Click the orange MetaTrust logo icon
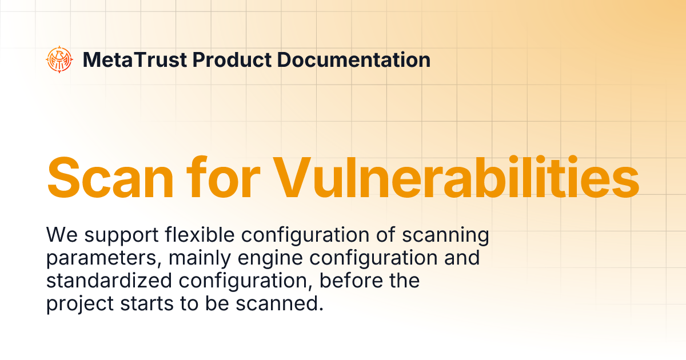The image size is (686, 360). click(60, 59)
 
